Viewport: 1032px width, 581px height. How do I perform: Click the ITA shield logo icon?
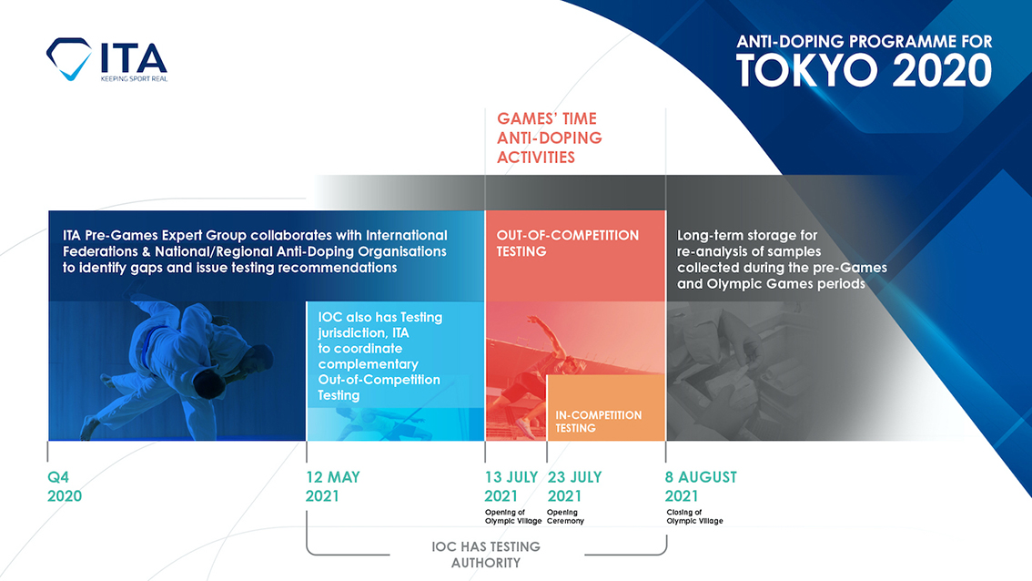pyautogui.click(x=69, y=59)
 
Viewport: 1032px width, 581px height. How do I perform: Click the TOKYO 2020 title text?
pyautogui.click(x=864, y=70)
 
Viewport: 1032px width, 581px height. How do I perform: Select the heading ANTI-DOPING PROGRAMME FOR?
pyautogui.click(x=864, y=42)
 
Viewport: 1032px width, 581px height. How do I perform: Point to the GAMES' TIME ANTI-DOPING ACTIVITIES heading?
pyautogui.click(x=549, y=138)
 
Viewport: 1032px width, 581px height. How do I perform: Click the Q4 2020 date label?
pyautogui.click(x=65, y=486)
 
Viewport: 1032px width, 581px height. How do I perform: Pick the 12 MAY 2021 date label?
pyautogui.click(x=333, y=486)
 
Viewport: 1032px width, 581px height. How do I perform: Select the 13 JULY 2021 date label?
pyautogui.click(x=511, y=486)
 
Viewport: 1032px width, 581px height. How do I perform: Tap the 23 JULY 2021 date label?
pyautogui.click(x=574, y=486)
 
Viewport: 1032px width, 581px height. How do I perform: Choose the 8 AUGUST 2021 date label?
pyautogui.click(x=701, y=486)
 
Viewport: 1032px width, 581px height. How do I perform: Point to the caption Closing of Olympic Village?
pyautogui.click(x=694, y=516)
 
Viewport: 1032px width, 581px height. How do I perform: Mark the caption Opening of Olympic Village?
pyautogui.click(x=512, y=516)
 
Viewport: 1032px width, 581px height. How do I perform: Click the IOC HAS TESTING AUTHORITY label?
pyautogui.click(x=486, y=554)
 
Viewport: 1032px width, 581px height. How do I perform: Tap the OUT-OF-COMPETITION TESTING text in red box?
pyautogui.click(x=567, y=243)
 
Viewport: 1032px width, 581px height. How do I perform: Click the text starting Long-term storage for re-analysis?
pyautogui.click(x=781, y=260)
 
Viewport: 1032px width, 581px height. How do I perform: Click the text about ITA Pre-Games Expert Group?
pyautogui.click(x=248, y=251)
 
